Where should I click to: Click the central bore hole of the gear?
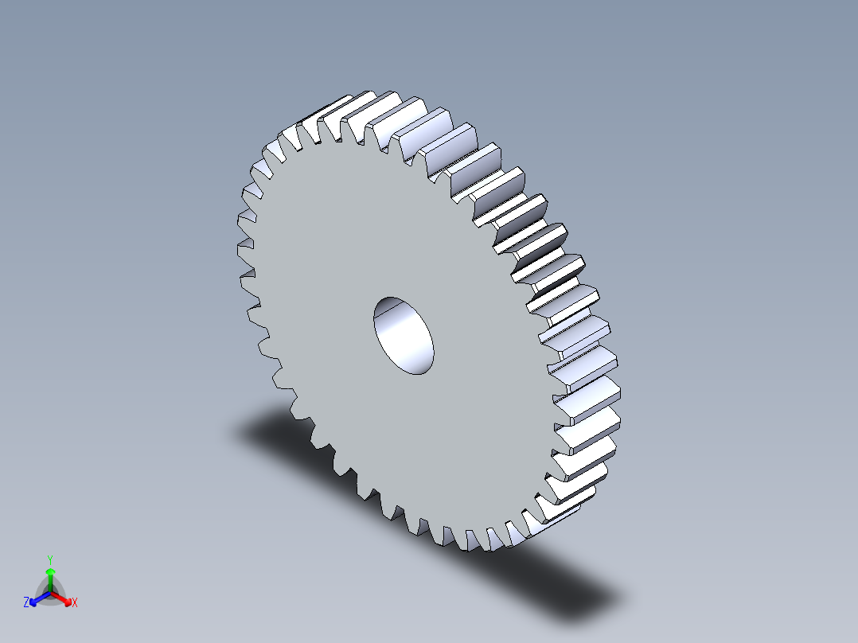[x=404, y=335]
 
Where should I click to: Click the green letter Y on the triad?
[x=50, y=559]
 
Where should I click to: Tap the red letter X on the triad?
[x=75, y=603]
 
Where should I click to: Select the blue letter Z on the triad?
[x=26, y=603]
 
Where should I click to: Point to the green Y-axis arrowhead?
[x=50, y=572]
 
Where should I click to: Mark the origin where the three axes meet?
[x=50, y=593]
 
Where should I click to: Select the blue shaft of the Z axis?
[x=42, y=597]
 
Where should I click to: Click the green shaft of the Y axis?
[x=50, y=583]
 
